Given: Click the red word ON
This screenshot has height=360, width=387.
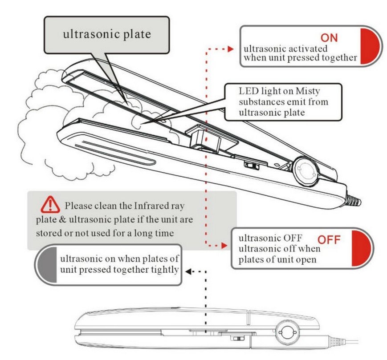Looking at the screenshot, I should pyautogui.click(x=329, y=37).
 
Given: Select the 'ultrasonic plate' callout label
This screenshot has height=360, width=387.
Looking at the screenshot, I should pyautogui.click(x=106, y=34).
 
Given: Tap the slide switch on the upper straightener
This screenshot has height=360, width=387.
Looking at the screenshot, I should pyautogui.click(x=252, y=166).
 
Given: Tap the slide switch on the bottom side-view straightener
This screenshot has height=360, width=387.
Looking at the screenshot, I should pyautogui.click(x=238, y=339).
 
